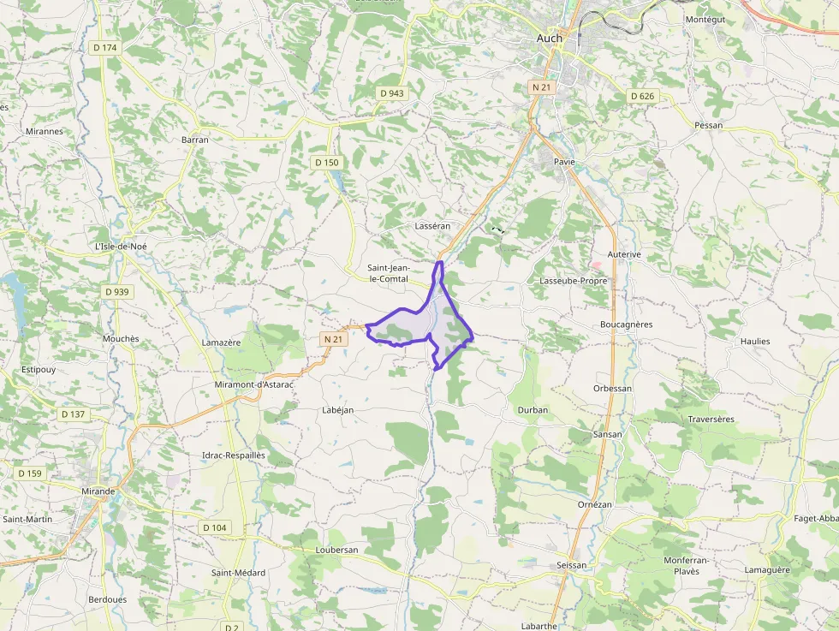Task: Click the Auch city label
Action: pyautogui.click(x=549, y=38)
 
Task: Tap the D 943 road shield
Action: pyautogui.click(x=391, y=93)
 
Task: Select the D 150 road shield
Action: pyautogui.click(x=326, y=163)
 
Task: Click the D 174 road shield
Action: pyautogui.click(x=104, y=48)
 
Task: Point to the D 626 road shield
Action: pyautogui.click(x=642, y=96)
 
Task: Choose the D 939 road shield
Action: pyautogui.click(x=117, y=292)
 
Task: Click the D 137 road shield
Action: pyautogui.click(x=74, y=414)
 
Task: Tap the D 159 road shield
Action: pyautogui.click(x=29, y=473)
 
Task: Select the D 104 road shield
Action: pyautogui.click(x=214, y=527)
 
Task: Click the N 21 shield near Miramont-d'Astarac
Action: pyautogui.click(x=334, y=340)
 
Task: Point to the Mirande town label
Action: pyautogui.click(x=99, y=491)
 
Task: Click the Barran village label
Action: pyautogui.click(x=195, y=140)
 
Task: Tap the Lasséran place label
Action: pyautogui.click(x=432, y=226)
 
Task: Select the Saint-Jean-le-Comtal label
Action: pyautogui.click(x=388, y=273)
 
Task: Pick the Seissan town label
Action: pyautogui.click(x=572, y=565)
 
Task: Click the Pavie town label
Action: pyautogui.click(x=564, y=161)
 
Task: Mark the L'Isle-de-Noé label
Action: pyautogui.click(x=122, y=247)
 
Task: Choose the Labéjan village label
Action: pyautogui.click(x=337, y=410)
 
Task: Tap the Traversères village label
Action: pyautogui.click(x=711, y=420)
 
